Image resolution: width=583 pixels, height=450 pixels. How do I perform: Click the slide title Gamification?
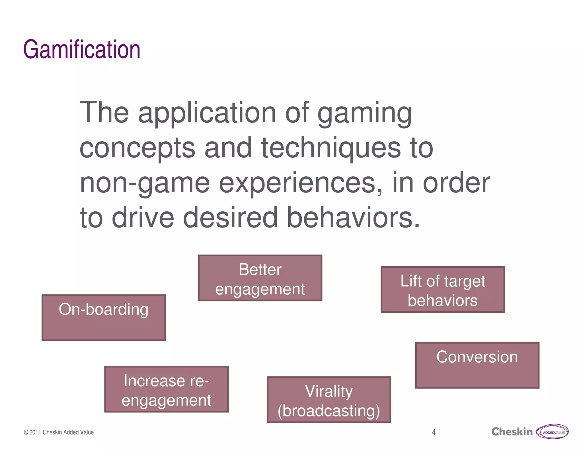tap(82, 49)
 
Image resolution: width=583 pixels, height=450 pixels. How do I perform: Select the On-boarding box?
tap(104, 317)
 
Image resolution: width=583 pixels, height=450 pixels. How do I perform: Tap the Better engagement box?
tap(260, 278)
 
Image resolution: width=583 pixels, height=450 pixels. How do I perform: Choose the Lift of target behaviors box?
tap(443, 290)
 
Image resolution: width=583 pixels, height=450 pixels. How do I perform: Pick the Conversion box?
tap(477, 365)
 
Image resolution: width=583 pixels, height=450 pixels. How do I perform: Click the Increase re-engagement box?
tap(166, 389)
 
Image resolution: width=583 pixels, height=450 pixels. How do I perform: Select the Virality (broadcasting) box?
tap(329, 400)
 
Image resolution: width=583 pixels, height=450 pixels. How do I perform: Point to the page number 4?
tap(434, 432)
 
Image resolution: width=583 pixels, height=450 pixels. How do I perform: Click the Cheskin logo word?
tap(512, 432)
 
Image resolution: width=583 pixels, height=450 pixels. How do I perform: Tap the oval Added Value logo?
tap(552, 432)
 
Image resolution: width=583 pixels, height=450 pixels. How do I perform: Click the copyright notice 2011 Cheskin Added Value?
tap(59, 432)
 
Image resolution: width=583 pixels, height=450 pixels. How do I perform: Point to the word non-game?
tap(145, 183)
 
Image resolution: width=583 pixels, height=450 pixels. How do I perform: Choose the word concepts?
tap(137, 148)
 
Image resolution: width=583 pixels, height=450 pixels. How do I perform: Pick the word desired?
tap(230, 218)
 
